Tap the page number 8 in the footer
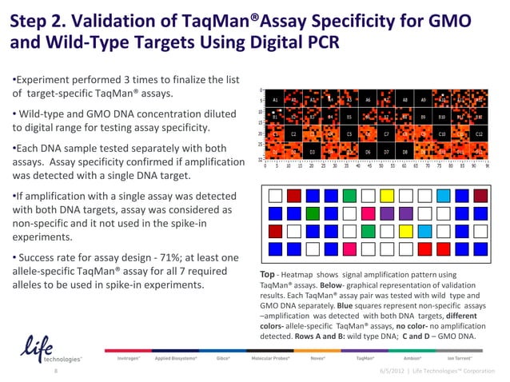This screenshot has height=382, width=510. pyautogui.click(x=54, y=372)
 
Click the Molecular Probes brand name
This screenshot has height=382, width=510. pyautogui.click(x=272, y=359)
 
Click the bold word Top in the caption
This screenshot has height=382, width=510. pyautogui.click(x=269, y=274)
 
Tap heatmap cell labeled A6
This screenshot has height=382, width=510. pyautogui.click(x=367, y=101)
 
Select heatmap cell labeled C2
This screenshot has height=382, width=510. pyautogui.click(x=293, y=133)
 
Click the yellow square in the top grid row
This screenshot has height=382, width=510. pyautogui.click(x=387, y=194)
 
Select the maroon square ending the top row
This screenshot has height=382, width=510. pyautogui.click(x=480, y=194)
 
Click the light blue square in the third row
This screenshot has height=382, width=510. pyautogui.click(x=443, y=232)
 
